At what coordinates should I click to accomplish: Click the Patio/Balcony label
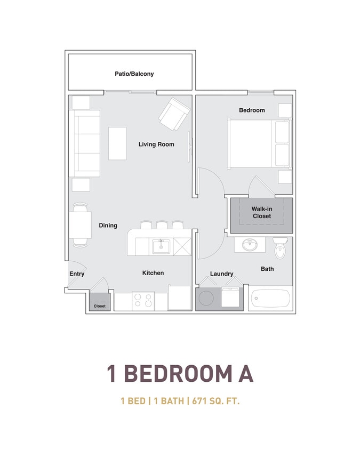pos(134,74)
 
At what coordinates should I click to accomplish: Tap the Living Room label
pos(156,144)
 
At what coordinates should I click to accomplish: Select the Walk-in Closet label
pos(262,212)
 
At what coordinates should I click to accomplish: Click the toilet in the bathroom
pos(279,248)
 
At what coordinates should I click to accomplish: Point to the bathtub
pos(270,298)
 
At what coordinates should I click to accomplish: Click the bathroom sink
pos(250,245)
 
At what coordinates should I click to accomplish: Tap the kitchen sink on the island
pos(161,246)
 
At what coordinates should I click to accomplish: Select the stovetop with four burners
pos(143,301)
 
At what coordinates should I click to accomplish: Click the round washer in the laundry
pos(206,298)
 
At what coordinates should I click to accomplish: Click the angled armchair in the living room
pos(174,114)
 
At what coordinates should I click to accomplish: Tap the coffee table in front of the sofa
pos(117,143)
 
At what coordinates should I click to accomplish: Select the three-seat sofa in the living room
pos(84,143)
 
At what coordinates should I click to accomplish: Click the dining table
pos(80,225)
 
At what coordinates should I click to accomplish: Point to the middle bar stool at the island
pos(162,224)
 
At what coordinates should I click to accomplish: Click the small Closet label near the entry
pos(100,306)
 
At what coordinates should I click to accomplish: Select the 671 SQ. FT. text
pos(215,400)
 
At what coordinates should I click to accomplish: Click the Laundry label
pos(222,274)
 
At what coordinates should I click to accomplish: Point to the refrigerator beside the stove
pos(180,298)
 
